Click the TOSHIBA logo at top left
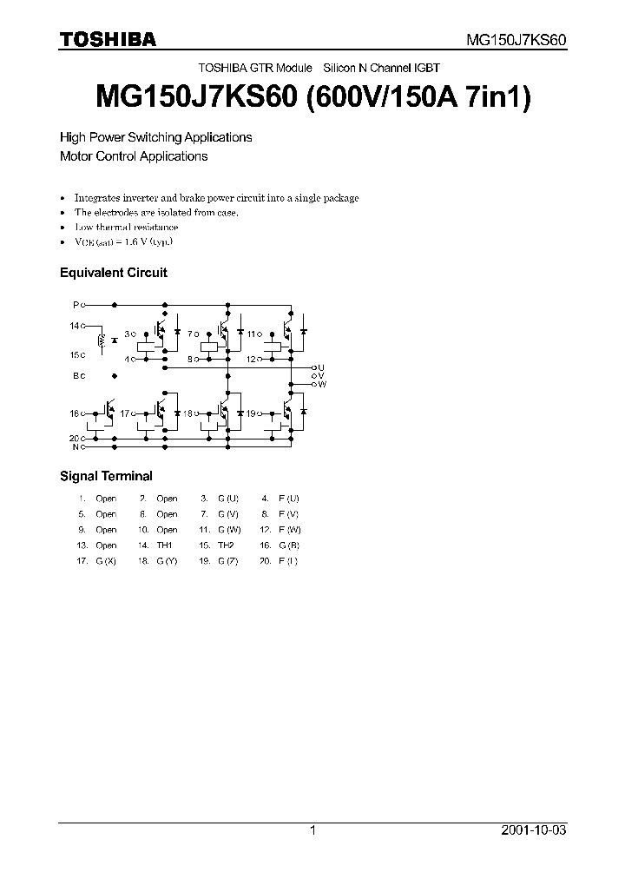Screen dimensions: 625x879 [108, 39]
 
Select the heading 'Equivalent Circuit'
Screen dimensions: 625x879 [113, 272]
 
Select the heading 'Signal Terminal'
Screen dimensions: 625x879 [106, 475]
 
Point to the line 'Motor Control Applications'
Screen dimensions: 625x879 [133, 156]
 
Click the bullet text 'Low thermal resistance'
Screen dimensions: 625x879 [126, 227]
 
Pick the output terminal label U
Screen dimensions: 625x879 [321, 367]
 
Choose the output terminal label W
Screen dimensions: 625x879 [322, 383]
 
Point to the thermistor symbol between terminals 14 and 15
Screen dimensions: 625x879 [103, 340]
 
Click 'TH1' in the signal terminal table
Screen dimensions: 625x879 [164, 545]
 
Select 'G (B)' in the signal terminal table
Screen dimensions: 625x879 [288, 545]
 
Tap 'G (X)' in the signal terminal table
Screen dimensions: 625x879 [106, 561]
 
